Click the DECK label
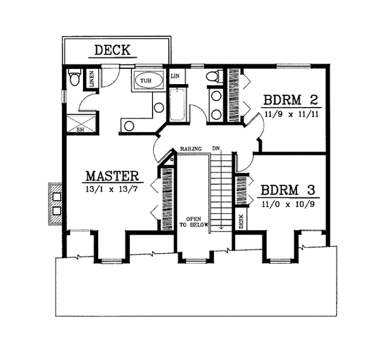click(x=112, y=49)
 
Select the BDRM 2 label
click(x=291, y=100)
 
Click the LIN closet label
click(x=175, y=77)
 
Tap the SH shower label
click(x=80, y=130)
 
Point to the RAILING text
click(x=191, y=149)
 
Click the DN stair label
click(x=216, y=149)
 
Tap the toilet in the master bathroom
click(x=74, y=79)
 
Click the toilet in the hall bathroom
click(x=213, y=78)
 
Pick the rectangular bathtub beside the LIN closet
click(x=177, y=105)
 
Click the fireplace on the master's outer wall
click(x=55, y=202)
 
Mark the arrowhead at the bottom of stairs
click(x=221, y=228)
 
